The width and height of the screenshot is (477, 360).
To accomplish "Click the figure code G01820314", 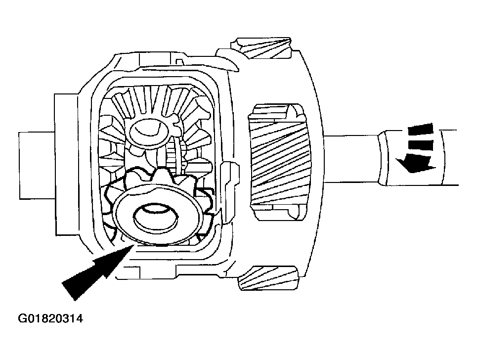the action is tap(50, 318).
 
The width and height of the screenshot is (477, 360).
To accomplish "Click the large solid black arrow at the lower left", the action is tap(97, 269).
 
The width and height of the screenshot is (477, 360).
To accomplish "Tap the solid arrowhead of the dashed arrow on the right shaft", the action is tap(416, 163).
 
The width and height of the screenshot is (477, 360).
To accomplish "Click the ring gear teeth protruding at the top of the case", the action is tap(261, 48).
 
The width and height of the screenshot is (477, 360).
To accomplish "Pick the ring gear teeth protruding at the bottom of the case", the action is tap(268, 277).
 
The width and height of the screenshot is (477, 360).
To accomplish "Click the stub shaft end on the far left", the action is tap(37, 166).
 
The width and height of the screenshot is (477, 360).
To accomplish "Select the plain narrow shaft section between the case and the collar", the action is tap(350, 159).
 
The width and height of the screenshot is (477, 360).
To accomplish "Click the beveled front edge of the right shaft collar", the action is tap(383, 158).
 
